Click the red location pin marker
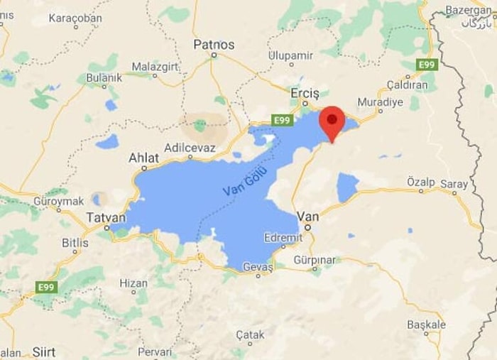[332, 121]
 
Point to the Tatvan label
[106, 217]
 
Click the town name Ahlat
[143, 157]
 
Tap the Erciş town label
[305, 93]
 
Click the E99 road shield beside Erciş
[282, 120]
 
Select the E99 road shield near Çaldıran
[427, 65]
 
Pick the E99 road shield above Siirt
[46, 287]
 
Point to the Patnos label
[214, 44]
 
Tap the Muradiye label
[380, 102]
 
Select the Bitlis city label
[75, 242]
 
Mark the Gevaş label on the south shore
[258, 266]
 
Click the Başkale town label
[426, 324]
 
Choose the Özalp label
[420, 182]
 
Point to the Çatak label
[250, 334]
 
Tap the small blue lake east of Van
[347, 187]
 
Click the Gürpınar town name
[315, 260]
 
